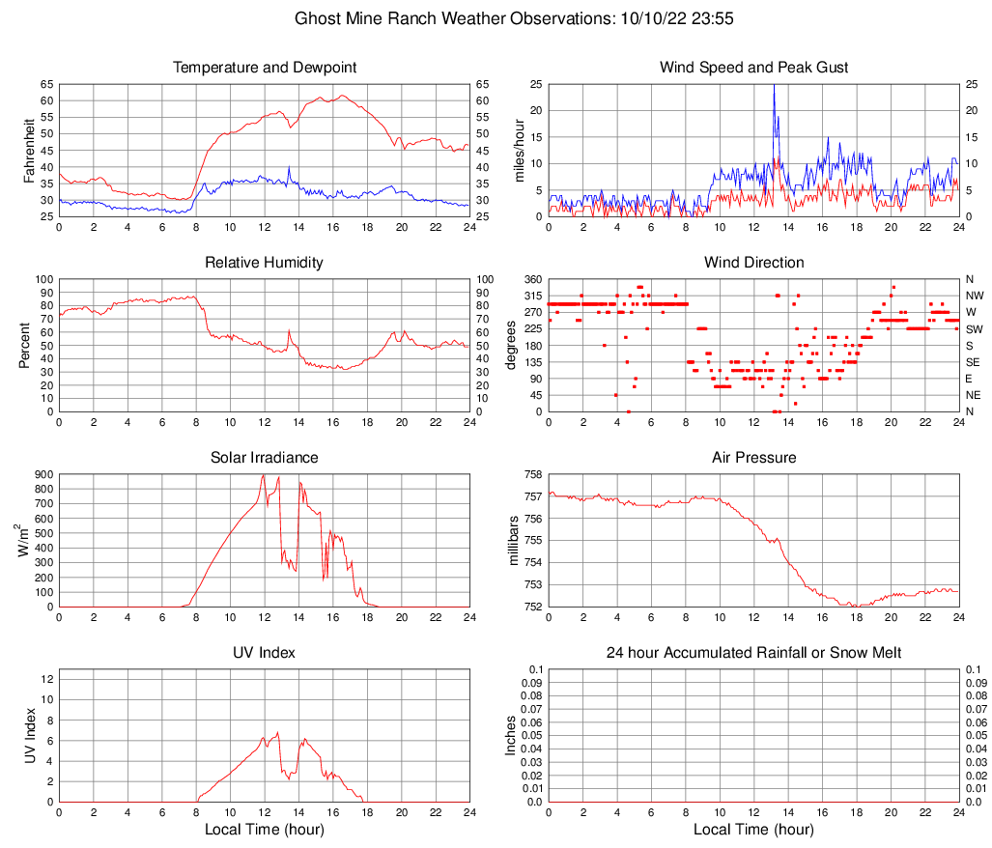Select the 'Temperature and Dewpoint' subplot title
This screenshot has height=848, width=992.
[265, 68]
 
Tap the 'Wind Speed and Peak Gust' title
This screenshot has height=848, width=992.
[754, 68]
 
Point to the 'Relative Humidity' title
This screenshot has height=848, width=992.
[265, 263]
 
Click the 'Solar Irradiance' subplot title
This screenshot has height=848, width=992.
[265, 457]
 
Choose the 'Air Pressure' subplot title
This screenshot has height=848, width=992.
[754, 457]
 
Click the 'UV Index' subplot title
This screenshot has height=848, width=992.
[265, 653]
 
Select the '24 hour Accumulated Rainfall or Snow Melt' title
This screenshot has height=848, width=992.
[754, 653]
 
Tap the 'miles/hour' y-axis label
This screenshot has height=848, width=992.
[520, 150]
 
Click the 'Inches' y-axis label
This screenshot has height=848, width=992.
[511, 735]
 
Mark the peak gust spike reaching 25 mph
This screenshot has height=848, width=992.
[774, 87]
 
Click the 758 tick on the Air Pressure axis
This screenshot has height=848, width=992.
[530, 475]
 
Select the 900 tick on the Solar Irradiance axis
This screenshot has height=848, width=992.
[42, 475]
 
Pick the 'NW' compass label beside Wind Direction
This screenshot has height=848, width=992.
[975, 296]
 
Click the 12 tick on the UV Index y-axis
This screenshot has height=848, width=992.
[45, 679]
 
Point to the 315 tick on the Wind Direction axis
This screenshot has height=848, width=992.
[530, 296]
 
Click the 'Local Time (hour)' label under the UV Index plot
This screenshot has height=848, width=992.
[265, 829]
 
